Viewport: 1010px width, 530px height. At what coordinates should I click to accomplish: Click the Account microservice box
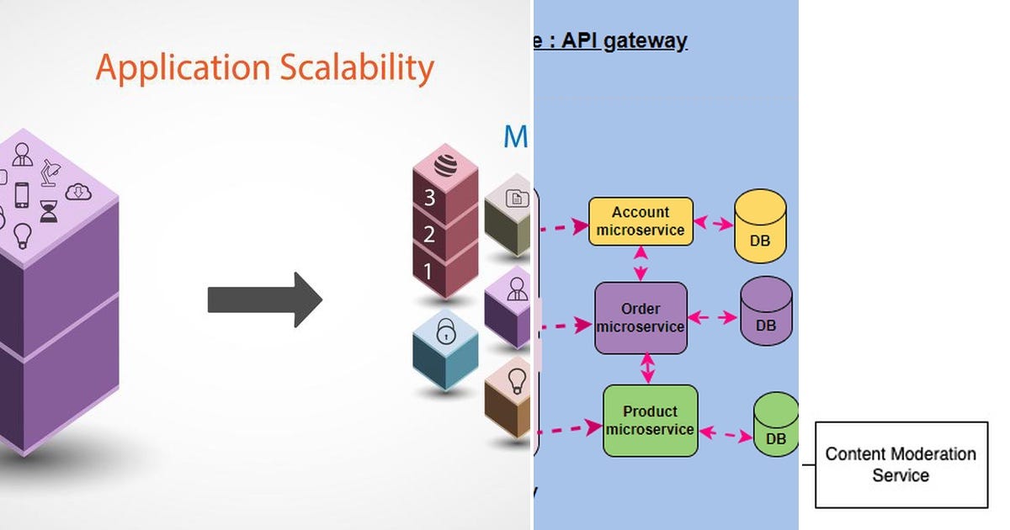coord(641,221)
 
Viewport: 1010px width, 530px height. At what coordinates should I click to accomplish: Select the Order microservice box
coord(641,317)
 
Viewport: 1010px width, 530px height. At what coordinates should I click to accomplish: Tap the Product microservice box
coord(650,421)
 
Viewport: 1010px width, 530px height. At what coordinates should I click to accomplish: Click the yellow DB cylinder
coord(760,226)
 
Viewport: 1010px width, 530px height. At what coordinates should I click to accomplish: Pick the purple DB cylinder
coord(766,311)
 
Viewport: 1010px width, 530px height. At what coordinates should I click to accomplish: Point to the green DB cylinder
coord(775,425)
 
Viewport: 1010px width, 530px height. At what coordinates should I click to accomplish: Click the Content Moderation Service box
coord(901,464)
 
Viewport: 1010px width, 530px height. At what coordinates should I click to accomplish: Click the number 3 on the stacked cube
coord(429,199)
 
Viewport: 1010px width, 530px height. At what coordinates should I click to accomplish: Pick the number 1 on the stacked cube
coord(428,271)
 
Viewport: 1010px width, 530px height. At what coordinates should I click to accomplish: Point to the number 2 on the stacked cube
coord(428,235)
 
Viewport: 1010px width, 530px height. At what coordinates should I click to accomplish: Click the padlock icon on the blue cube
coord(444,333)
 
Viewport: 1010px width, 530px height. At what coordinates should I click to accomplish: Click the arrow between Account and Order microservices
coord(641,263)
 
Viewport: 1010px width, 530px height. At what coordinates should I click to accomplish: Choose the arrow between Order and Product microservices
coord(647,368)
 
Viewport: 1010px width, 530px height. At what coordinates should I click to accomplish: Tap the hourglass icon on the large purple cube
coord(50,209)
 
